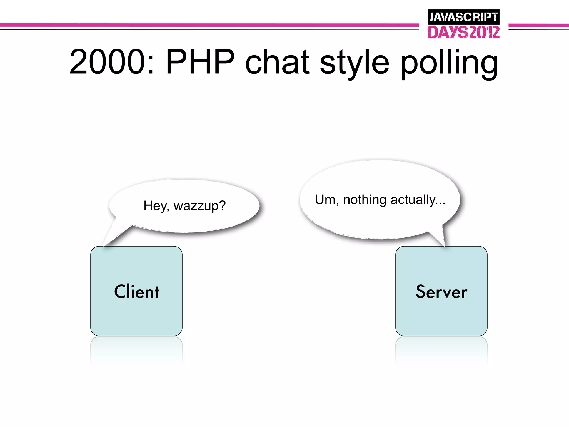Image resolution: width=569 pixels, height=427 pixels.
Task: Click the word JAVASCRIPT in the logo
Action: click(463, 17)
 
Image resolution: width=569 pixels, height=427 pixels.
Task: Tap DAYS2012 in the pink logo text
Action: click(463, 32)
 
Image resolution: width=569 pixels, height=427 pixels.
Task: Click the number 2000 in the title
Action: click(107, 62)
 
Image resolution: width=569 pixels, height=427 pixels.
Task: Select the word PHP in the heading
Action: click(200, 62)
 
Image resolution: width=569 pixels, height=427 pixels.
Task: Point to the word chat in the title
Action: click(277, 62)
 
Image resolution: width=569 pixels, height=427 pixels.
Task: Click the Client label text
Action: click(136, 292)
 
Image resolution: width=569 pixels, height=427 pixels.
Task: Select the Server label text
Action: click(441, 292)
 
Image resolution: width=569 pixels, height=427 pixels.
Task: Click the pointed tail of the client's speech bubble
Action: click(113, 236)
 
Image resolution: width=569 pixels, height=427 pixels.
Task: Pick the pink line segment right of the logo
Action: click(538, 25)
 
